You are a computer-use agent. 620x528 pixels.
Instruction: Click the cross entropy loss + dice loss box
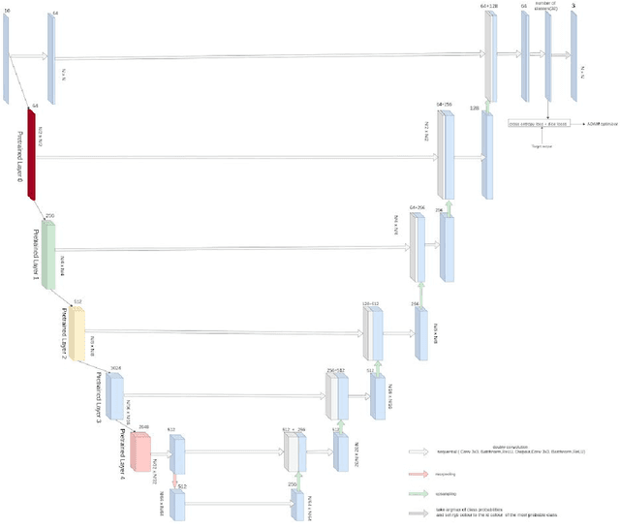point(539,124)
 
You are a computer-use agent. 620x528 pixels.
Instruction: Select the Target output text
point(541,146)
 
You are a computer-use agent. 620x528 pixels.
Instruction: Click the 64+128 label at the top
point(489,7)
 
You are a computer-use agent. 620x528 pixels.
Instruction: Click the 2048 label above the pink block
point(143,426)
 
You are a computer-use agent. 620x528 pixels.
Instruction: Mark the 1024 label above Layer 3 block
point(115,368)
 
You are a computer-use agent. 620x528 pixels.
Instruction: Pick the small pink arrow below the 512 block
point(175,481)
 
